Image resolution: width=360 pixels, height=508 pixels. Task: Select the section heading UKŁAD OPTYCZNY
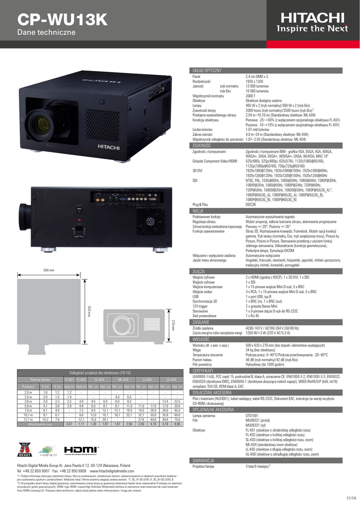[x=207, y=71]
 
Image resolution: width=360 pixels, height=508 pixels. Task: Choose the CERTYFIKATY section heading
[x=204, y=371]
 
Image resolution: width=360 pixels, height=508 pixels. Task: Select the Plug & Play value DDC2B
[x=251, y=204]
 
